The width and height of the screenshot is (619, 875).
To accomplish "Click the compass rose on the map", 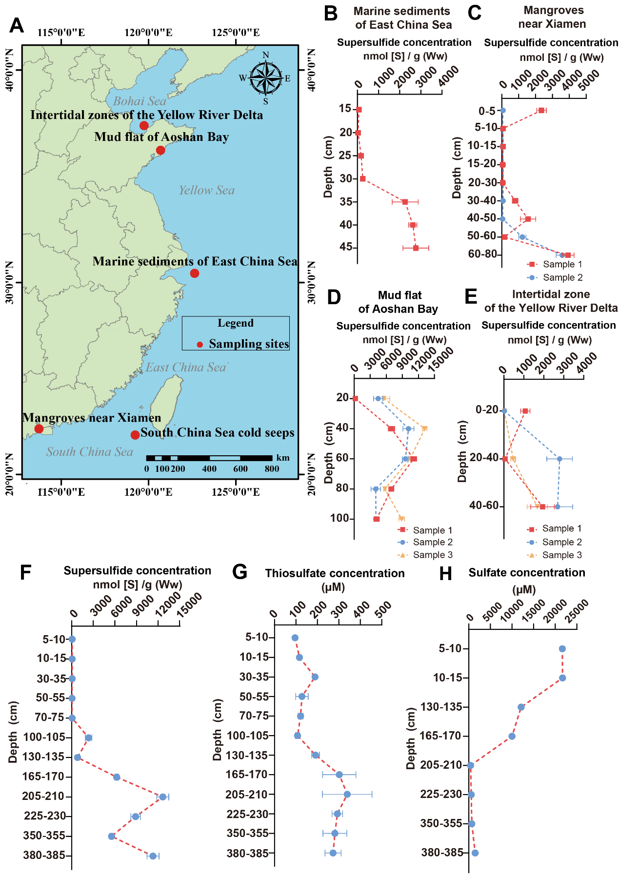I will point(266,78).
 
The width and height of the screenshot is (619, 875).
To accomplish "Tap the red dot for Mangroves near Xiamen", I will point(39,429).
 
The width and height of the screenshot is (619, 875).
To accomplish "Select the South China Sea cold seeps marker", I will point(135,435).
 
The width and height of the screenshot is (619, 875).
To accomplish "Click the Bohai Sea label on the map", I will point(140,101).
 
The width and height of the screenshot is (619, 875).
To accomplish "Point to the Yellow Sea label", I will point(206,190).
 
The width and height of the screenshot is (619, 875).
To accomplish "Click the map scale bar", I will point(209,458).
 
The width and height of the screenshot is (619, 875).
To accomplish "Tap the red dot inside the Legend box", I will point(200,345).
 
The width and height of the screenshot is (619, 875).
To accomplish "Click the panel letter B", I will point(331,14).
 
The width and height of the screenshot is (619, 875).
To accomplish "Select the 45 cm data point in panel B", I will point(416,248).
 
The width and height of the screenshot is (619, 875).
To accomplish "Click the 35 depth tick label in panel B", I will point(346,202).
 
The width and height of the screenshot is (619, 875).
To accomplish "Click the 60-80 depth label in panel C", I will point(482,254).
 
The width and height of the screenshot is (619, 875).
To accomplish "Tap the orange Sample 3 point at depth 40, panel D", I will point(425,428).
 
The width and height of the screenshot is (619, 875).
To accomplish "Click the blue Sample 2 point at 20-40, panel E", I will point(559,459).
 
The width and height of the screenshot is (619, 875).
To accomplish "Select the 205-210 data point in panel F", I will point(163,797).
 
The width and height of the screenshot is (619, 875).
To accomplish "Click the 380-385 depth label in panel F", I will point(44,856).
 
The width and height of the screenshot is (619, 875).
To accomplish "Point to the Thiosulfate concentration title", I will point(335,573).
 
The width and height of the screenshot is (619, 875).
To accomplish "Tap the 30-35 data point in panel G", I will point(315,677).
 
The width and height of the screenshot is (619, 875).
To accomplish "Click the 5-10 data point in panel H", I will point(562,649).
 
